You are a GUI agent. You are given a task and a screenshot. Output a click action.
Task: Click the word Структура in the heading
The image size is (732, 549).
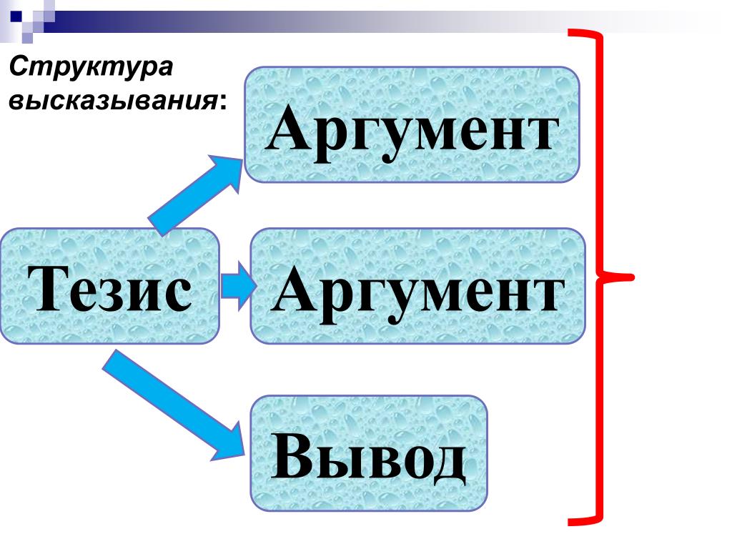tap(91, 69)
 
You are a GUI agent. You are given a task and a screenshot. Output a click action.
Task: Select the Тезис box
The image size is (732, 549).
tap(110, 286)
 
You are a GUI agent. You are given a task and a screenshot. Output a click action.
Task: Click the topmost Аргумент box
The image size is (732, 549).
tap(412, 124)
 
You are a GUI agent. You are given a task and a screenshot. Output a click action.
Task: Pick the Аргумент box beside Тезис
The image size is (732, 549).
tap(417, 286)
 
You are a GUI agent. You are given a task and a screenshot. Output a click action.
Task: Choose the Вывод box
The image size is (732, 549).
tap(369, 453)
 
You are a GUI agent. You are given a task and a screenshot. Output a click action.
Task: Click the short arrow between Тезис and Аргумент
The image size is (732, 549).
tap(235, 286)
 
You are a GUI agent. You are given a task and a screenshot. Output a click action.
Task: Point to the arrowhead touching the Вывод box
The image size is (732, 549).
tap(236, 440)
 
